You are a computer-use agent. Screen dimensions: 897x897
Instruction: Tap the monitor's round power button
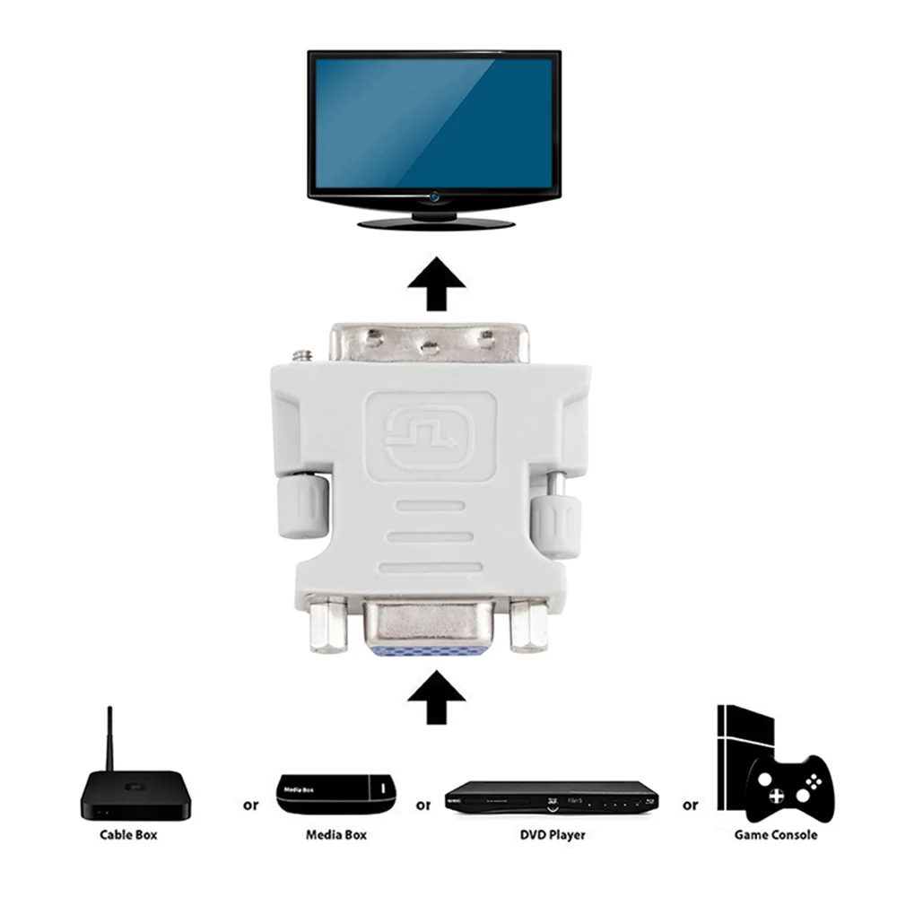pos(435,196)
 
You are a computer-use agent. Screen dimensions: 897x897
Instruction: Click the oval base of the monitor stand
pos(436,221)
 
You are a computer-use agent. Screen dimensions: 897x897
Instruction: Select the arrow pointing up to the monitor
pos(436,285)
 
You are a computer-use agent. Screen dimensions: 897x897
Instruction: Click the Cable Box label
pos(128,835)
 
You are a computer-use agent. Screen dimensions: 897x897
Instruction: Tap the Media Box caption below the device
pos(335,835)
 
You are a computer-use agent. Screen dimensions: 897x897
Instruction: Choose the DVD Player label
pos(553,835)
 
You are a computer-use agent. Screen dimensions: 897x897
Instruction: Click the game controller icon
pos(789,786)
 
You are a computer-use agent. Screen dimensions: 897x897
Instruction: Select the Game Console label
pos(776,835)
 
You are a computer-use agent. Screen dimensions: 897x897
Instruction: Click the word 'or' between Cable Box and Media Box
pos(251,805)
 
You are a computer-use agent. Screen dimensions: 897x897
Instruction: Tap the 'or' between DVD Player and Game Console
pos(690,805)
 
